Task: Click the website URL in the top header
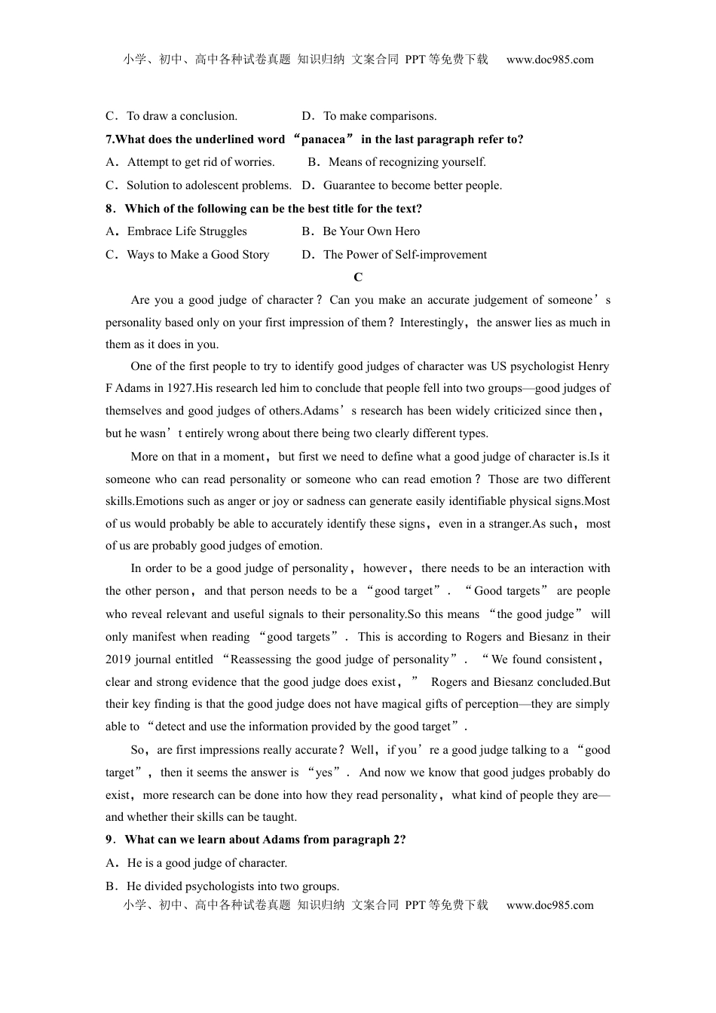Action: click(x=549, y=60)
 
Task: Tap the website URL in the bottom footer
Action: click(x=549, y=905)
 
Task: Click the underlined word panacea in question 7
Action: click(x=323, y=139)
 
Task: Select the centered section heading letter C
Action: click(x=358, y=277)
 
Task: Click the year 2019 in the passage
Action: click(x=118, y=660)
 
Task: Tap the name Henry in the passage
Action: click(x=593, y=366)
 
